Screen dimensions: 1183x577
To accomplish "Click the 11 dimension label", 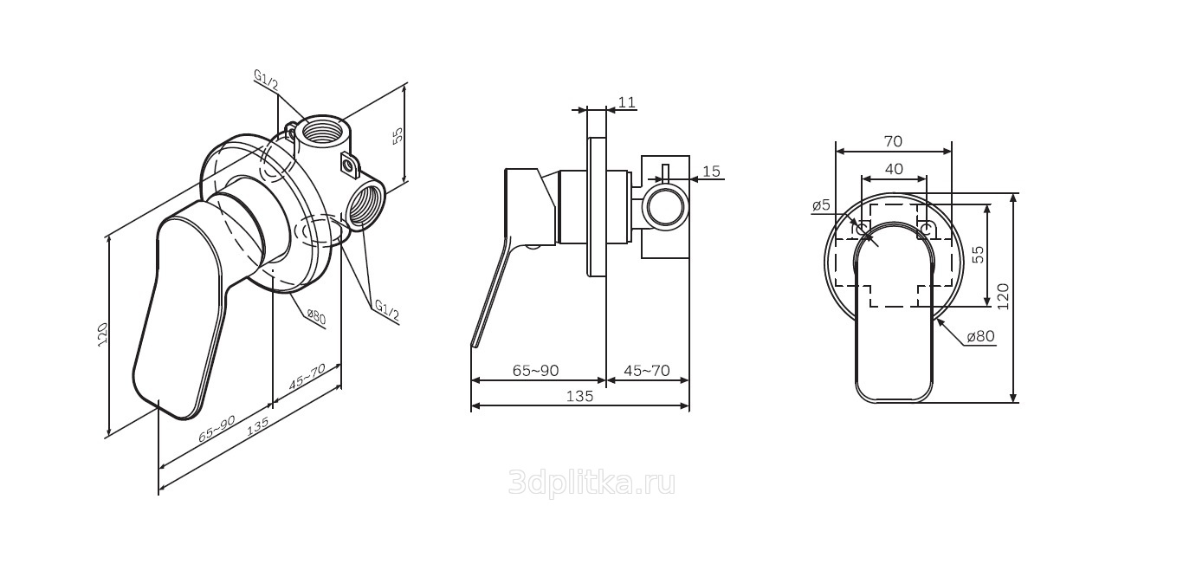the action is click(627, 101).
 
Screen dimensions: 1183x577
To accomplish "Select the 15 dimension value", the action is click(712, 172).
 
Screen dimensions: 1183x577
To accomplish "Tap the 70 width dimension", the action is click(893, 141).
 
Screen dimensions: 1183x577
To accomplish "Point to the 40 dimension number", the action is click(894, 169).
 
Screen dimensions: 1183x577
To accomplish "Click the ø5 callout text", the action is click(821, 205).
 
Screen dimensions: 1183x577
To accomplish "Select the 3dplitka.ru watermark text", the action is click(591, 483).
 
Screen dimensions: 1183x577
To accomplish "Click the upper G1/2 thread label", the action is click(266, 81).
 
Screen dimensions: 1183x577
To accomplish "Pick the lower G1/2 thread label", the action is click(387, 311).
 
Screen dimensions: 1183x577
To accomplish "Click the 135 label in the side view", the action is click(580, 396).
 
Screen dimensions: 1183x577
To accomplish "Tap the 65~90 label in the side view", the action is click(535, 371).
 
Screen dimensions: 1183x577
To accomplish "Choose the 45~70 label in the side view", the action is click(647, 371).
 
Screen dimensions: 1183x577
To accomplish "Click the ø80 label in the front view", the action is click(980, 336).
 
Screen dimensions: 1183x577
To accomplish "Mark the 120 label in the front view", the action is click(1004, 296).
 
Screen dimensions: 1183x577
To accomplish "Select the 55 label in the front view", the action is click(979, 255).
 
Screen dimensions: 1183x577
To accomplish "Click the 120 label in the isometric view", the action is click(103, 334).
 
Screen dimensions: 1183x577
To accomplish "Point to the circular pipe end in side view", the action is click(665, 206).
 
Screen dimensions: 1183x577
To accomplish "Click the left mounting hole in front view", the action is click(862, 229).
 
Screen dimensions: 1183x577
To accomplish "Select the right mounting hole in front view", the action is click(926, 229).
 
